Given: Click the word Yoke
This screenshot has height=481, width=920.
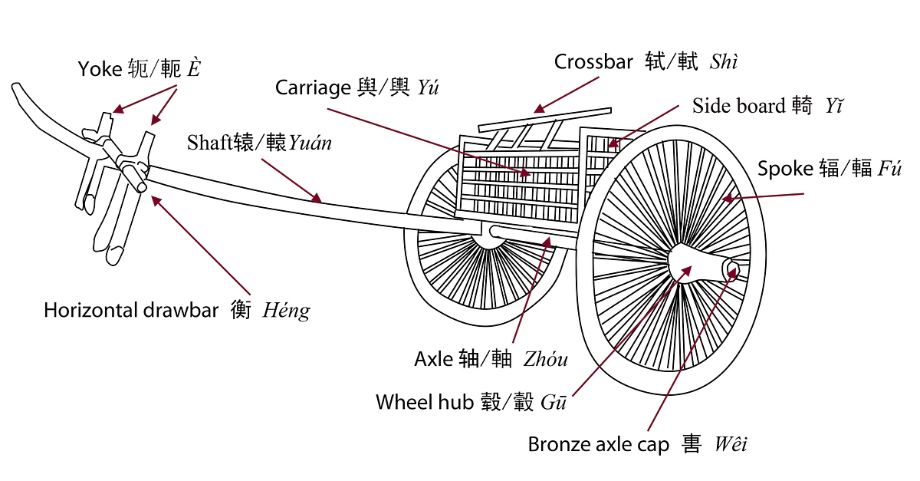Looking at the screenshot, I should (100, 70).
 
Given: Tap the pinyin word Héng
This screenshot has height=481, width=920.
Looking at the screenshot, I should (286, 311).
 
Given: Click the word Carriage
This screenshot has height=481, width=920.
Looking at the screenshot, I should (313, 87).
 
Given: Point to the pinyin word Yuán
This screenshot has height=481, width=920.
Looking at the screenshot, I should (310, 143).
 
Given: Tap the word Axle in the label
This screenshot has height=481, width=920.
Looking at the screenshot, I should (434, 359).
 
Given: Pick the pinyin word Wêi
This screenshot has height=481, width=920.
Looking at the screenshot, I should (730, 444).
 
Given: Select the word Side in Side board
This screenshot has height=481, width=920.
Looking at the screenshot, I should (709, 106).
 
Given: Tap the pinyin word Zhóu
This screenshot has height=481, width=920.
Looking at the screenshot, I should (546, 359).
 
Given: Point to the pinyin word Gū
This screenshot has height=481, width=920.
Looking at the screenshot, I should (553, 402).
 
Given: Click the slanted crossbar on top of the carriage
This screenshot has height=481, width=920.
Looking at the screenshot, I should (544, 119).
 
